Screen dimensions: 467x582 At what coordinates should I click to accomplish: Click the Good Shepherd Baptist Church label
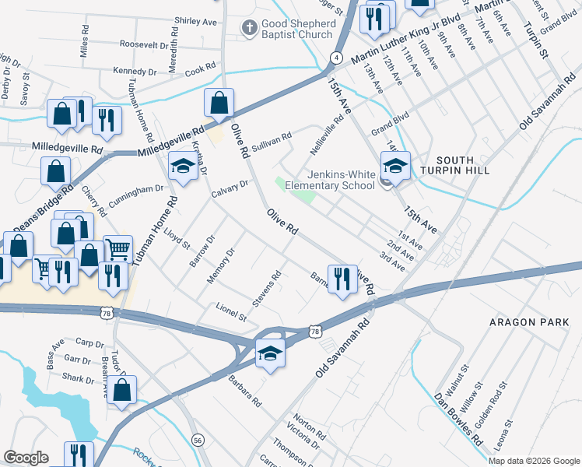click(x=297, y=29)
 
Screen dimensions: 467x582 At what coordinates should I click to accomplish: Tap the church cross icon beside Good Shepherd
click(x=249, y=29)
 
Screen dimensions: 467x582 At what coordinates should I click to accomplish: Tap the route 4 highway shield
click(x=336, y=58)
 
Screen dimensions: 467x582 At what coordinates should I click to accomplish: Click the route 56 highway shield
click(x=198, y=440)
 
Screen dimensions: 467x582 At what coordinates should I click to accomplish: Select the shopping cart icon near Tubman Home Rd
click(x=117, y=250)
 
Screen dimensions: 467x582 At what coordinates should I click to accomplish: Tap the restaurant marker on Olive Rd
click(x=342, y=279)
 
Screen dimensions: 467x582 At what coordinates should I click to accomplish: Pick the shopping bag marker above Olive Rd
click(x=219, y=102)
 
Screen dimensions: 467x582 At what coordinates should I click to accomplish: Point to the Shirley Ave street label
click(x=196, y=22)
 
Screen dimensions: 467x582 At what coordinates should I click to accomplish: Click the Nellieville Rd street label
click(x=327, y=135)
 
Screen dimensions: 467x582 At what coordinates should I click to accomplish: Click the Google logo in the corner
click(x=25, y=458)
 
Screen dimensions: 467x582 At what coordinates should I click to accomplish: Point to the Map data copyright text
click(x=534, y=461)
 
